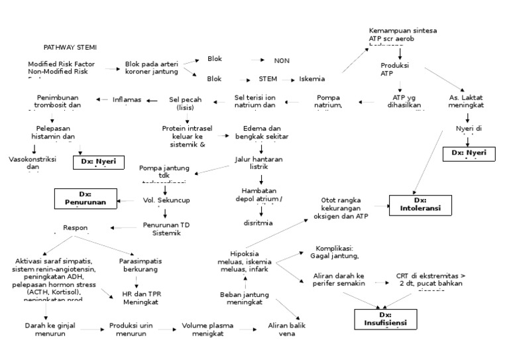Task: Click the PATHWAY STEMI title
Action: (x=70, y=48)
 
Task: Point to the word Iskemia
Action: (x=311, y=79)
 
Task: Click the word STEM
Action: (x=268, y=79)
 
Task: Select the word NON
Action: (x=282, y=61)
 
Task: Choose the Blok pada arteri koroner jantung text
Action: (x=152, y=68)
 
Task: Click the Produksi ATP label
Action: (x=395, y=70)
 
